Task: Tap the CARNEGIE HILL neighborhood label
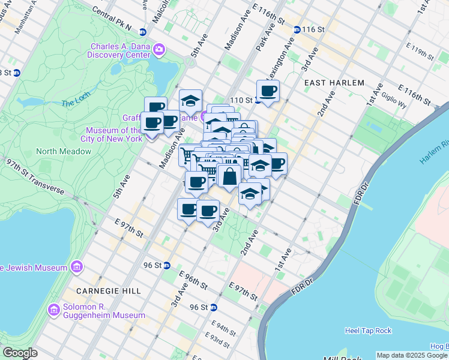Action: pos(109,290)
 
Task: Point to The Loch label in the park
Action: pos(74,103)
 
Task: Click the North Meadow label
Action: pos(64,151)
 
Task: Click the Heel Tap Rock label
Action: pos(368,331)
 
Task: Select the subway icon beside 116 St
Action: pos(297,29)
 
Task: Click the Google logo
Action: pos(20,353)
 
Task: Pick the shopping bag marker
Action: pos(229,177)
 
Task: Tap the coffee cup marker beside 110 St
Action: pos(268,91)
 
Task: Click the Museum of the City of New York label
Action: pos(114,134)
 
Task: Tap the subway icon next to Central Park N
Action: pos(143,32)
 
